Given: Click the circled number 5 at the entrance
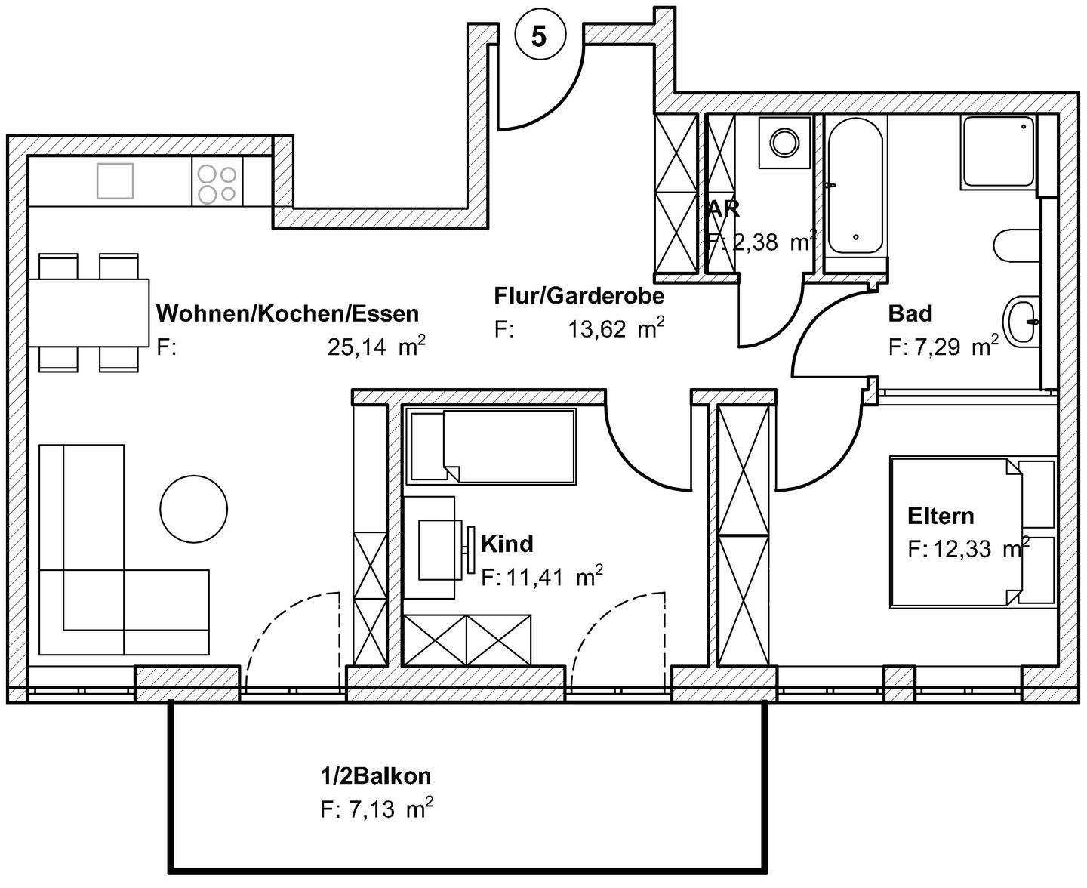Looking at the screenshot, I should click(539, 35).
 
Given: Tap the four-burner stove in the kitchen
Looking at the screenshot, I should click(217, 183).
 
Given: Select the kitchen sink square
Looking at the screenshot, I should click(115, 181).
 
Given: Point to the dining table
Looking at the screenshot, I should click(89, 313).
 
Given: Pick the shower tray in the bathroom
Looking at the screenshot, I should click(997, 153).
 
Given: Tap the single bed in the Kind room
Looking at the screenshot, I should click(491, 446).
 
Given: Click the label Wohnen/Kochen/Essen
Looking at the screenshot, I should click(287, 313).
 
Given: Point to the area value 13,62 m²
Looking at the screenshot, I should click(616, 329).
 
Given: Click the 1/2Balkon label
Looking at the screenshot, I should click(375, 775).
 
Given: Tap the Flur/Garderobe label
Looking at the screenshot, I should click(579, 295).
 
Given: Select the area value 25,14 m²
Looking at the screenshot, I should click(376, 347).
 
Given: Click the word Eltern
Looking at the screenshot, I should click(941, 516).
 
